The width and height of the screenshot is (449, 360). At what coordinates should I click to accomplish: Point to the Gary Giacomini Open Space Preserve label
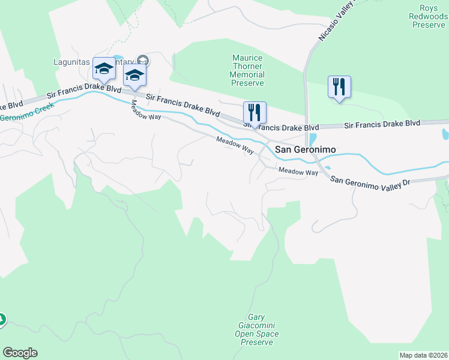point(256,329)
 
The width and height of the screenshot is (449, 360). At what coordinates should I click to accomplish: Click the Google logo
point(20,353)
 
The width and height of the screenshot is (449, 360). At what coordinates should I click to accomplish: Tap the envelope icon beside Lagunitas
point(143,60)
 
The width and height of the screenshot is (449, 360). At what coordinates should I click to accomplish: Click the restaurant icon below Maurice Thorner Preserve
point(255,112)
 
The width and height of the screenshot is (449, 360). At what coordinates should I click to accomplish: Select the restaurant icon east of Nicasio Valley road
point(339,87)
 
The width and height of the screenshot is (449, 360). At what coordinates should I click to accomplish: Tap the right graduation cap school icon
point(134,75)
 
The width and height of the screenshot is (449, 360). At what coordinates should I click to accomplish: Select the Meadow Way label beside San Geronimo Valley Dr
point(298,172)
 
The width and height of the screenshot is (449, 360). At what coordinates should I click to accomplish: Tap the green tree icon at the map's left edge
point(2,320)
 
